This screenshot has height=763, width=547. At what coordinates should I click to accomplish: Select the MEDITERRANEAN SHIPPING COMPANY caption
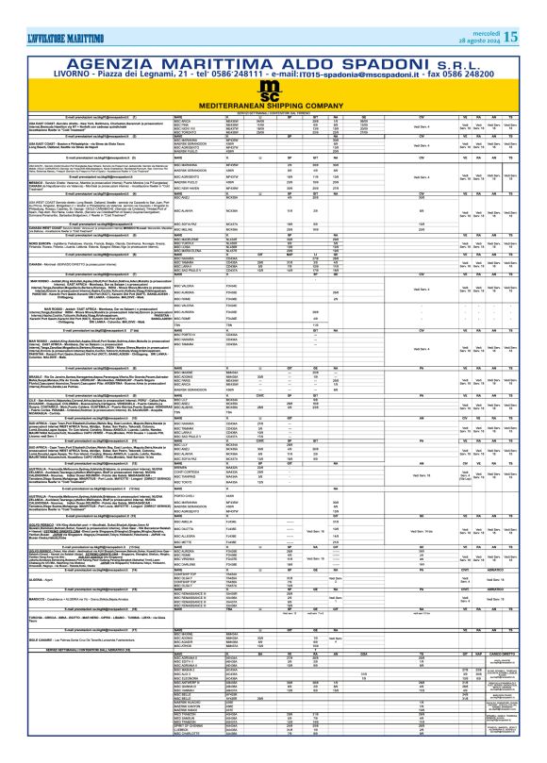tap(273, 79)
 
